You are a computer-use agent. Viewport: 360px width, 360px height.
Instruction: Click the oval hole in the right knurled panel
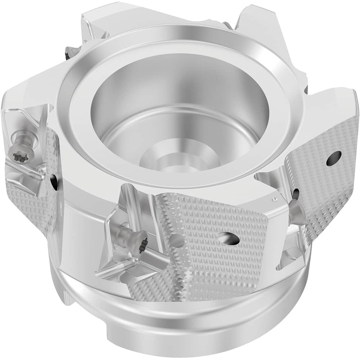[334, 158]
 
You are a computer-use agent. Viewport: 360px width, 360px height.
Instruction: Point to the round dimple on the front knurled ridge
[176, 241]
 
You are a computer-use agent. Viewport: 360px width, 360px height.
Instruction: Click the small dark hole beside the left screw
[54, 182]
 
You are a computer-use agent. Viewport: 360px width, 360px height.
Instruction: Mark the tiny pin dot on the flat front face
[274, 198]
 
